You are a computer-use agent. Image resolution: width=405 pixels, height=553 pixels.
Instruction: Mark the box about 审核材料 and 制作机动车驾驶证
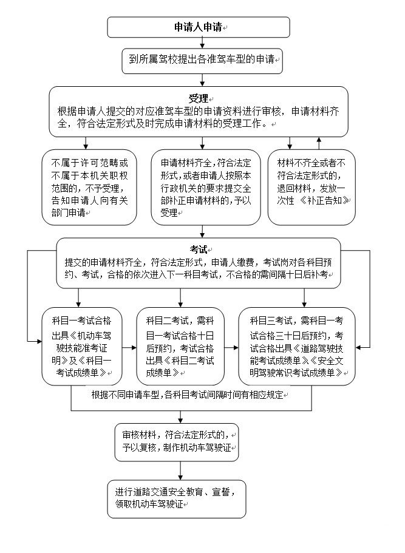[180, 442]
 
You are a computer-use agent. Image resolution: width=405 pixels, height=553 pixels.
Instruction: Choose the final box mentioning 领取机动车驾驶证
[177, 498]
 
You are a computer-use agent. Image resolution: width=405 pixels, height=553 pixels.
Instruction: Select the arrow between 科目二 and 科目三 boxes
[231, 348]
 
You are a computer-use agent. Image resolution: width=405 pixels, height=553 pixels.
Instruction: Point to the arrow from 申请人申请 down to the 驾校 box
[202, 42]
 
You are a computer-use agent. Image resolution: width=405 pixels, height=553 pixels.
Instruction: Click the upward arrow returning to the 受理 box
[319, 143]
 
